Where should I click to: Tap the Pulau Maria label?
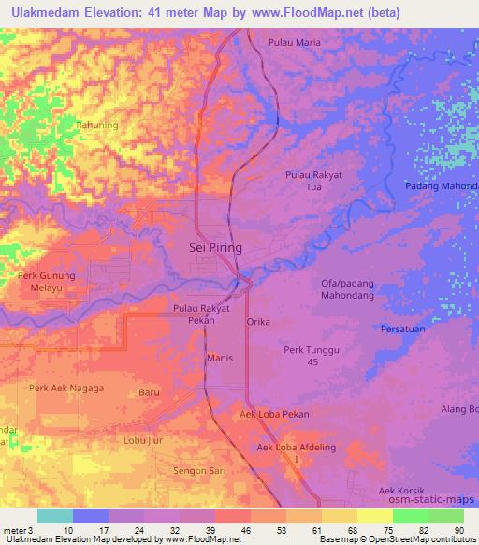pyautogui.click(x=295, y=43)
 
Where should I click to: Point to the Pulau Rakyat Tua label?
pyautogui.click(x=312, y=181)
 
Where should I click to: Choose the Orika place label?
pyautogui.click(x=257, y=322)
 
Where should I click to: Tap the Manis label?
pyautogui.click(x=219, y=359)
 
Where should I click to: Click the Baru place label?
pyautogui.click(x=149, y=393)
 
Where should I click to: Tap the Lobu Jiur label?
pyautogui.click(x=143, y=439)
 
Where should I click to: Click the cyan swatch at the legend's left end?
pyautogui.click(x=55, y=516)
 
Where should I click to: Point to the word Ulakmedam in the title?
pyautogui.click(x=39, y=12)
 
